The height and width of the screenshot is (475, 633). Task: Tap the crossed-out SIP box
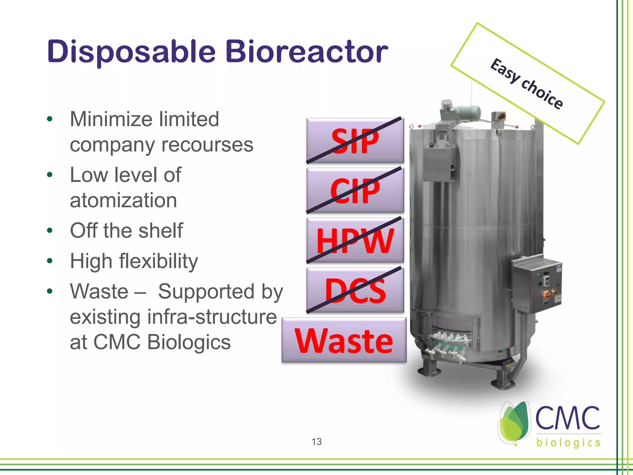(x=355, y=141)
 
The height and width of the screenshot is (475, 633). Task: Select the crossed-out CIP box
(x=355, y=190)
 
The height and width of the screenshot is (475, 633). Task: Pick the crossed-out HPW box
(x=355, y=240)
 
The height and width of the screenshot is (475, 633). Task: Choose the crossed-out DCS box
(x=355, y=290)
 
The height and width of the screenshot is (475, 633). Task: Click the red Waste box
(x=344, y=340)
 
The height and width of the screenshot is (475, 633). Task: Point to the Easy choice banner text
(x=527, y=84)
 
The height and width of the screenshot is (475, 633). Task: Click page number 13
(x=316, y=441)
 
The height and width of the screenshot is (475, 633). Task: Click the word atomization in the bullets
(x=123, y=200)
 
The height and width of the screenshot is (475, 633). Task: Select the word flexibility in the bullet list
(x=159, y=261)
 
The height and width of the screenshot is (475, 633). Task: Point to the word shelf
(x=160, y=231)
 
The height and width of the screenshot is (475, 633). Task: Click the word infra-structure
(x=212, y=317)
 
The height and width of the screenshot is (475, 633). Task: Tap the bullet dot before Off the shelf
(x=50, y=231)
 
